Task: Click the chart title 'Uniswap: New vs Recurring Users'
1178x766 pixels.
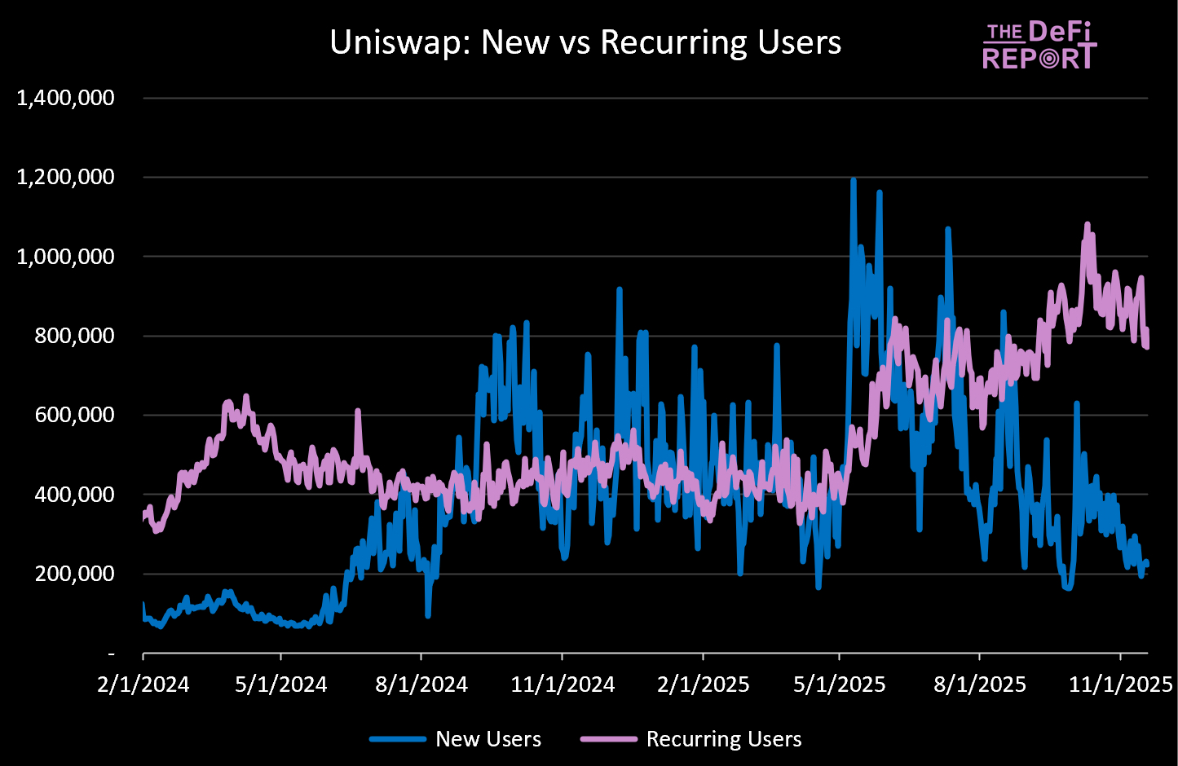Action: [x=585, y=42]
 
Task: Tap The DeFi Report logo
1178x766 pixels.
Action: [x=1039, y=46]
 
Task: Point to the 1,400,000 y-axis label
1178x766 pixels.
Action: [x=66, y=99]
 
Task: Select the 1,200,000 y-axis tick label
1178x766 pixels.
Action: [x=66, y=178]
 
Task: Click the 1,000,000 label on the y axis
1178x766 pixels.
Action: [x=66, y=257]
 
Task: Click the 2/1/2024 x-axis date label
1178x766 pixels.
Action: [x=143, y=685]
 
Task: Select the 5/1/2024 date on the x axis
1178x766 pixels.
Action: [x=281, y=685]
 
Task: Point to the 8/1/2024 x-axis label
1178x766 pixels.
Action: [x=421, y=685]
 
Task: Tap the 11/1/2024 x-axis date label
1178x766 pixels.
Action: [x=563, y=685]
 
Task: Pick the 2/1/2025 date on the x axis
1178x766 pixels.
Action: [x=703, y=685]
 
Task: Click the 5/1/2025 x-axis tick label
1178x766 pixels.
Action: [x=840, y=685]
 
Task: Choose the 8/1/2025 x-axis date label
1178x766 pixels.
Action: [x=980, y=685]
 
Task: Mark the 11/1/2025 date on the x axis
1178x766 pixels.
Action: [x=1120, y=685]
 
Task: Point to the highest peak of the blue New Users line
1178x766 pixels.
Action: [x=853, y=180]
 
